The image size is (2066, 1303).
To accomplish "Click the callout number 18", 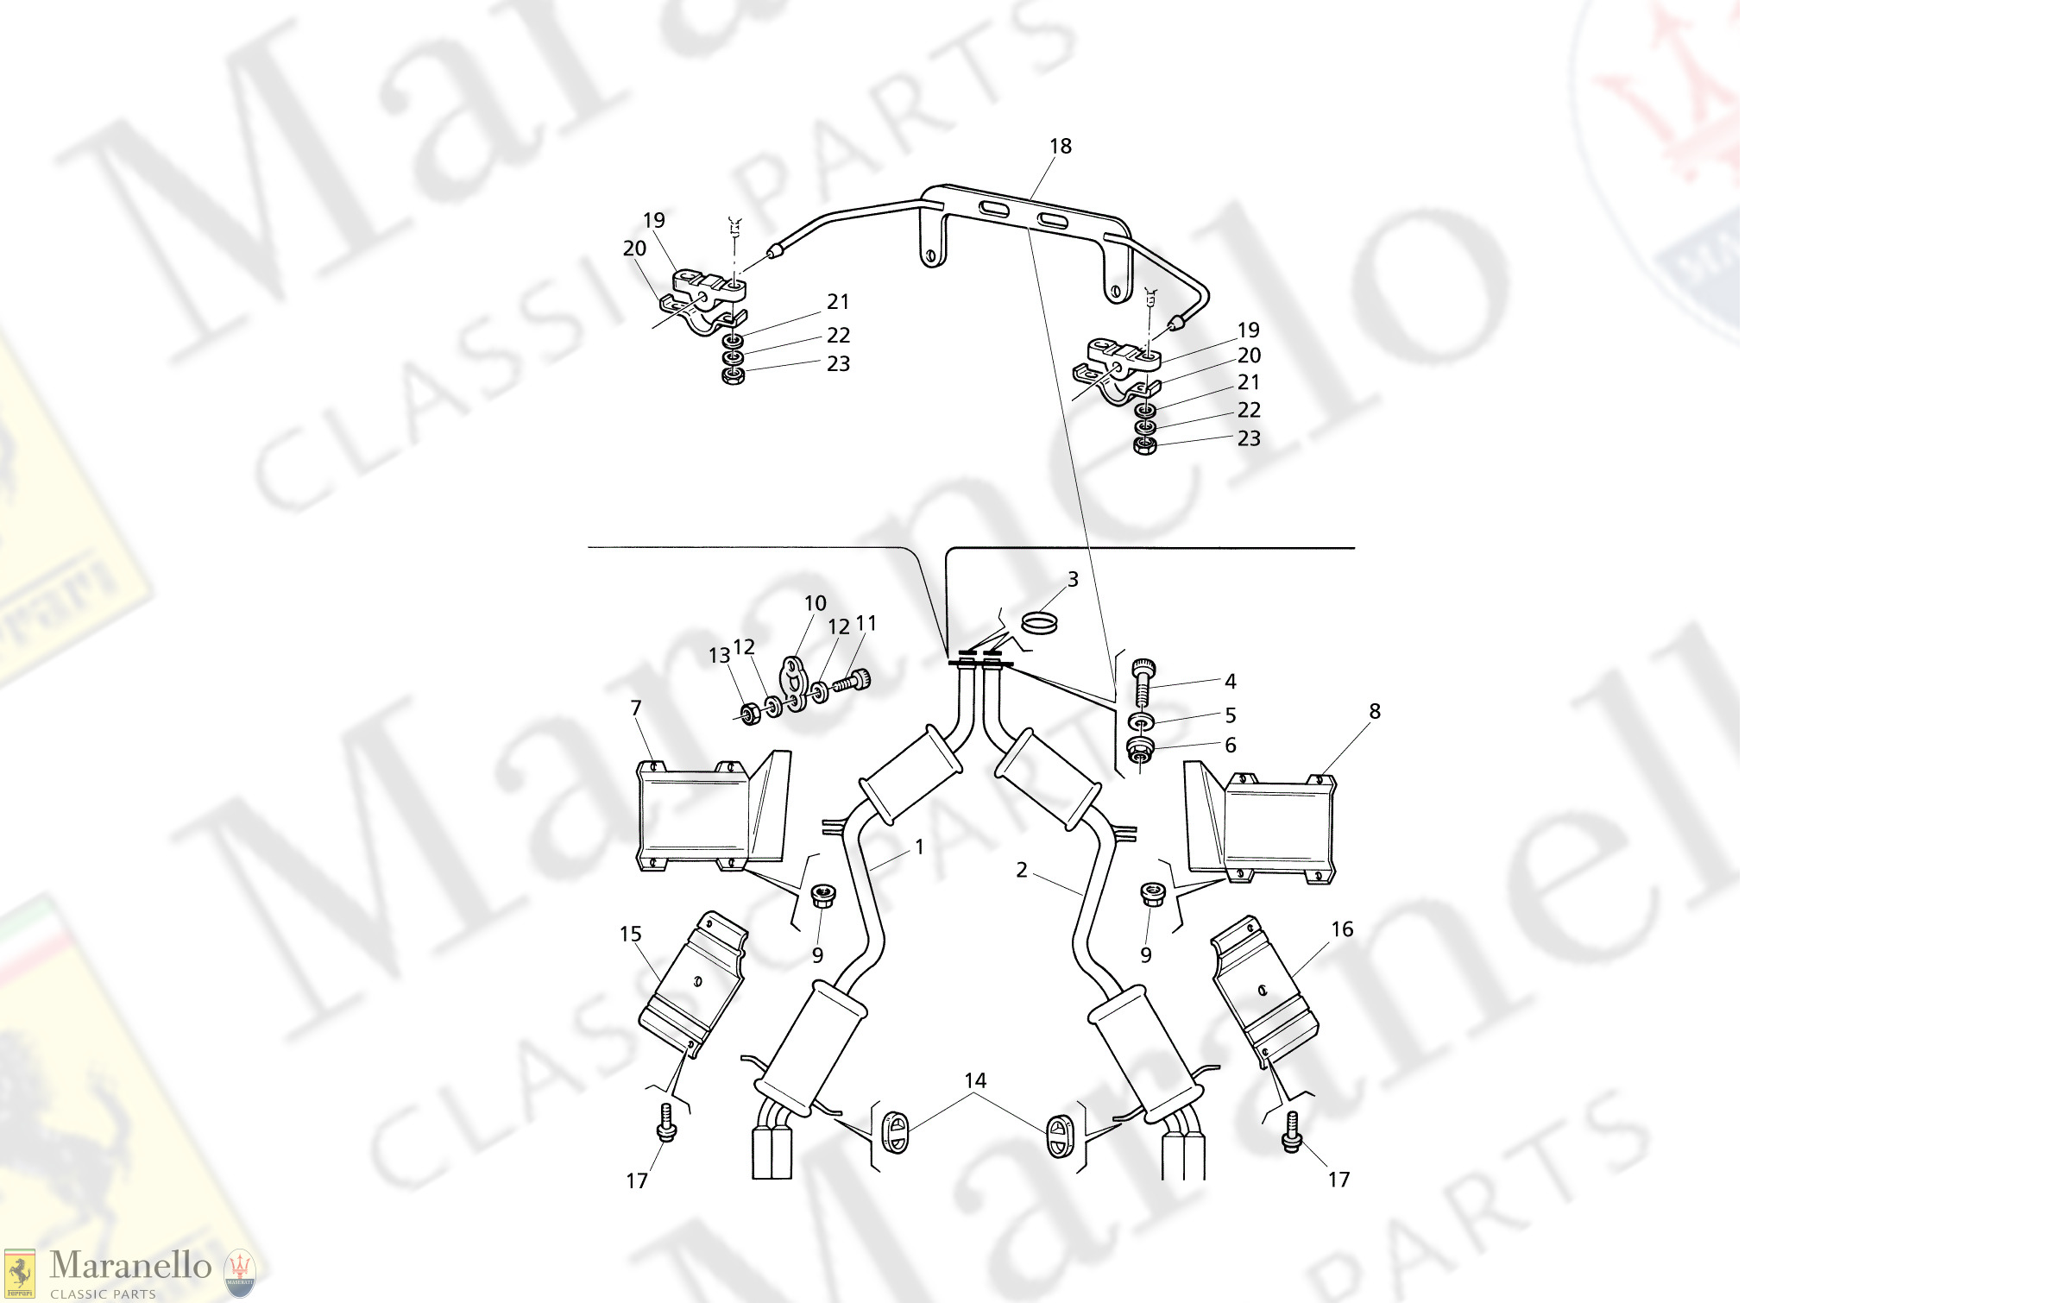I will pyautogui.click(x=1061, y=147).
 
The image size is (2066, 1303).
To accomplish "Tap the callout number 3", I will pyautogui.click(x=1073, y=580).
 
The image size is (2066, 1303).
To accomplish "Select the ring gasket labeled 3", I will pyautogui.click(x=1039, y=622).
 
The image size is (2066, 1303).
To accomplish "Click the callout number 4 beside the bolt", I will pyautogui.click(x=1231, y=682).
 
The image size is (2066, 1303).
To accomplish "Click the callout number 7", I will pyautogui.click(x=636, y=708).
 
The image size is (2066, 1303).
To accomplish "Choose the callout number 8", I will pyautogui.click(x=1375, y=712).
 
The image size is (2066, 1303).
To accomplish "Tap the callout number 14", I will pyautogui.click(x=975, y=1081).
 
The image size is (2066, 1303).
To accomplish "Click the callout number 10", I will pyautogui.click(x=815, y=604).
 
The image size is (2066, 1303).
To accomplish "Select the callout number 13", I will pyautogui.click(x=718, y=657).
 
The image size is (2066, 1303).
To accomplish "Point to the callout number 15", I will pyautogui.click(x=630, y=935).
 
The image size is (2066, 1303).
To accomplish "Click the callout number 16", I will pyautogui.click(x=1342, y=929).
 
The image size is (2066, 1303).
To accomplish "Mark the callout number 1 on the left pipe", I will pyautogui.click(x=919, y=847).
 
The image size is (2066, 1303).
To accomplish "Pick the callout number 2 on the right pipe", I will pyautogui.click(x=1022, y=870).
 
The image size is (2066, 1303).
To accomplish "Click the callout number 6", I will pyautogui.click(x=1231, y=746).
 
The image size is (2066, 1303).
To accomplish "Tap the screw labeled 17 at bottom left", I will pyautogui.click(x=666, y=1122).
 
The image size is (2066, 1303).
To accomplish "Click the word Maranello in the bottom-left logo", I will pyautogui.click(x=130, y=1266).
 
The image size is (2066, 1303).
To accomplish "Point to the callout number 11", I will pyautogui.click(x=866, y=624).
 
